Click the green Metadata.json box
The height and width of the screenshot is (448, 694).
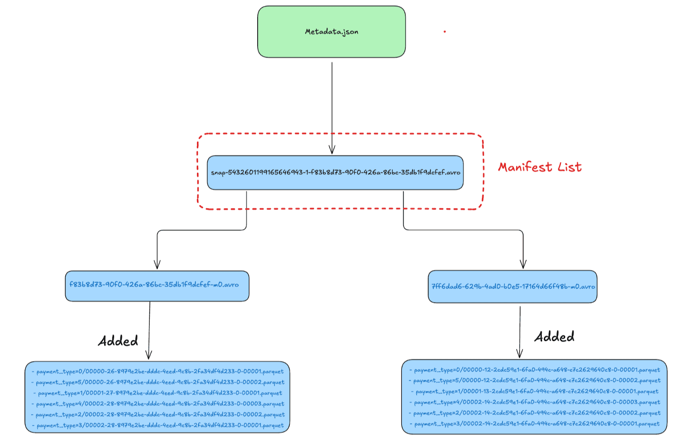click(331, 32)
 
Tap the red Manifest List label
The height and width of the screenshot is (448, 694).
click(540, 167)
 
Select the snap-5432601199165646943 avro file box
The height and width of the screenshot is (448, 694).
click(335, 173)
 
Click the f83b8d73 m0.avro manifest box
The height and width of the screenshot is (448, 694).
click(157, 286)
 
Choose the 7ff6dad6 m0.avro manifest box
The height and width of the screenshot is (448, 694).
click(512, 287)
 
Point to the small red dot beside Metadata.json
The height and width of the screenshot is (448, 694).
click(445, 32)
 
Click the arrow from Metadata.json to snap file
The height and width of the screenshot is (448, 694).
click(332, 108)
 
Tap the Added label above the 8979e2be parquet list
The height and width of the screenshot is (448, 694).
click(118, 341)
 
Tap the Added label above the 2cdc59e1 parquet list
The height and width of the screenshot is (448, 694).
click(554, 337)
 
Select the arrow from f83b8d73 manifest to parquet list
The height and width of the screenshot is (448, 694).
click(149, 330)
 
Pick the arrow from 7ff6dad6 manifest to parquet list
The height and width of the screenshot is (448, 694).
click(520, 332)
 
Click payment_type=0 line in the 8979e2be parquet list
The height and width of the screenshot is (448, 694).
click(158, 372)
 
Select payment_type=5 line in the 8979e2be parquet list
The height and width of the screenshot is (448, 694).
click(158, 383)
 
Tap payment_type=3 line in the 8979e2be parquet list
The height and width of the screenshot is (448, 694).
click(158, 425)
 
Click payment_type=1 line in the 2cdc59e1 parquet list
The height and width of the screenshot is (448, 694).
click(534, 392)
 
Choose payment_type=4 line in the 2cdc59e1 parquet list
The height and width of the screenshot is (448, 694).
click(534, 402)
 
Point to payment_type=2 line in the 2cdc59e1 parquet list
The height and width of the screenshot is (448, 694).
click(534, 413)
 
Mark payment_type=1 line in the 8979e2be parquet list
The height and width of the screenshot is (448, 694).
click(158, 393)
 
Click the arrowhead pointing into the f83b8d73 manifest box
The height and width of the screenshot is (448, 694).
click(157, 265)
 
